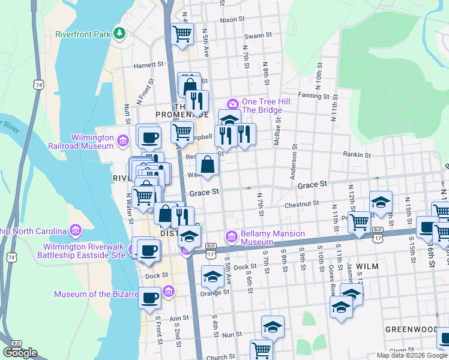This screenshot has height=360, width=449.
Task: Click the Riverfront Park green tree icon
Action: [119, 34]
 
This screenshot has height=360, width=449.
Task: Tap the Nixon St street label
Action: [233, 19]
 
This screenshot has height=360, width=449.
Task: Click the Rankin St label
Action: [357, 154]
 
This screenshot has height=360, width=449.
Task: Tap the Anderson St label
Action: [294, 161]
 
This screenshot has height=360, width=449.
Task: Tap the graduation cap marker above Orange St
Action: [212, 277]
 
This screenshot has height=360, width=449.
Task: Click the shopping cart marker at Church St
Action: [261, 349]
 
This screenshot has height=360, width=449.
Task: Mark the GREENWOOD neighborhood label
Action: [411, 329]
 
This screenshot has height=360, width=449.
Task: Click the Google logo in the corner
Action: [20, 352]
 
